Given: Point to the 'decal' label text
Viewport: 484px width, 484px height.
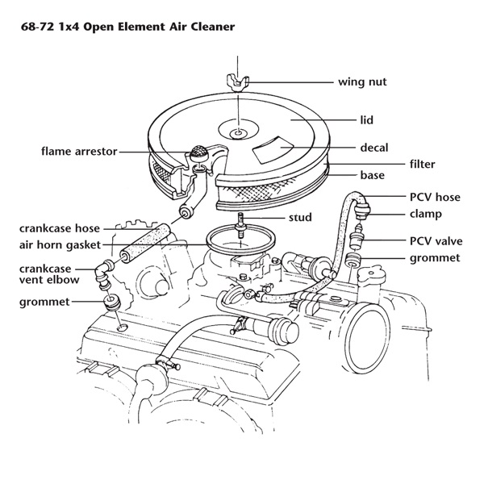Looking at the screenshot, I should coord(374,148).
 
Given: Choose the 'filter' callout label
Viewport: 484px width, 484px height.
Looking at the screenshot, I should coord(422,164).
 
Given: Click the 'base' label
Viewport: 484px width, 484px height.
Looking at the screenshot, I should coord(372,175).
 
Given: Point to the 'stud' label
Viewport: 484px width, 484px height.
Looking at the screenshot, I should coord(300,217).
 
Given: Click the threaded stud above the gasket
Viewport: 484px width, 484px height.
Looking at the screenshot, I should coord(240,220).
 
